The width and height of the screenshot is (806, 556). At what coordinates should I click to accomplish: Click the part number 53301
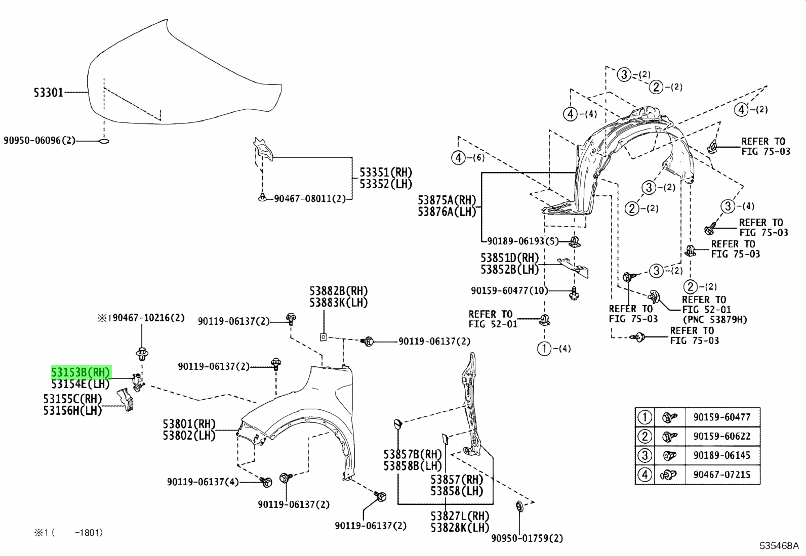pos(48,93)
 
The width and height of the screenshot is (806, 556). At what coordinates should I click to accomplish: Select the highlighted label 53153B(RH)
pos(80,372)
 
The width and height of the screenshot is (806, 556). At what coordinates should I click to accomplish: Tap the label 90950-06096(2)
pos(39,140)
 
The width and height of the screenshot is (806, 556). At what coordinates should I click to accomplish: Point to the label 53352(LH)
pos(386,184)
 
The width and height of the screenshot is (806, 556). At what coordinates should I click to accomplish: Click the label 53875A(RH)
pos(447,200)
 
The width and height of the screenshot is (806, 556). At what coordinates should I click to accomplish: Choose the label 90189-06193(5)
pos(523,241)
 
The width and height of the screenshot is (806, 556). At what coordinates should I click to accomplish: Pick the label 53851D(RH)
pos(509,258)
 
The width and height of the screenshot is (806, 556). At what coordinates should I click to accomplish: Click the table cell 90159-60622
pos(722,436)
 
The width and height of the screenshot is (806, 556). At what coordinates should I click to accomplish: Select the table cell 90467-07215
pos(722,475)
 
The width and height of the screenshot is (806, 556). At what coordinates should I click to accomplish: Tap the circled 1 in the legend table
pos(644,417)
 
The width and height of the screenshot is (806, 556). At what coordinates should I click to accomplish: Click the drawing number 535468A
pos(779,545)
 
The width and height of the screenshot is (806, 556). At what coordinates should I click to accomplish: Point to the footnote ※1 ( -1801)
pos(68,532)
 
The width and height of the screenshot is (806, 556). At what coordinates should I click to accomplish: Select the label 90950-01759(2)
pos(527,538)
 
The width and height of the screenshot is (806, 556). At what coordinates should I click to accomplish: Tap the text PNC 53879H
pos(714,319)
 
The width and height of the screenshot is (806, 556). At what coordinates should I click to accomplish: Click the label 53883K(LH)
pos(339,303)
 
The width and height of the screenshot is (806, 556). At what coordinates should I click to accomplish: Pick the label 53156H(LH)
pos(73,410)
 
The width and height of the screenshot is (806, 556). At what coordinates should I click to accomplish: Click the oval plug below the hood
pos(104,141)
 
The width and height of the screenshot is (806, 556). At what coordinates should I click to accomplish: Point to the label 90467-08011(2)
pos(310,198)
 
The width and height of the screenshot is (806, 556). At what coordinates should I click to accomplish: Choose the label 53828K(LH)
pos(460,528)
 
